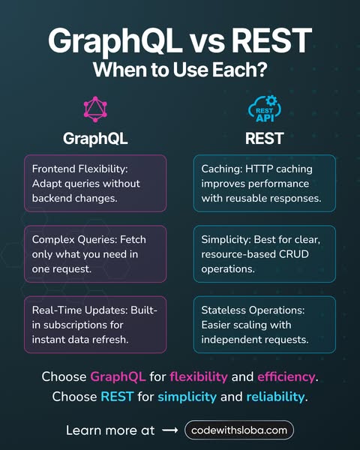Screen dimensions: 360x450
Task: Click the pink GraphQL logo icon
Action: (95, 109)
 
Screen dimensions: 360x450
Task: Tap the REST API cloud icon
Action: (265, 109)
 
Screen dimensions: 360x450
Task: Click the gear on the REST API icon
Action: (271, 101)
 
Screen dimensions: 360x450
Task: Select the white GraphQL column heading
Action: (95, 139)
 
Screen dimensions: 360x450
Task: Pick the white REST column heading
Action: (265, 138)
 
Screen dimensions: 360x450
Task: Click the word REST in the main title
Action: (271, 40)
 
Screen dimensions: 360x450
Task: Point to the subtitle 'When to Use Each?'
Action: (180, 70)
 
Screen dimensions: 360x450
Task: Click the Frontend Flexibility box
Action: (95, 184)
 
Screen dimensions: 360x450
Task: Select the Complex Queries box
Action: (95, 254)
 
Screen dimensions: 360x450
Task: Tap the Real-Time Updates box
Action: (95, 325)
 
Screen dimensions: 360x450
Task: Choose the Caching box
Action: (265, 184)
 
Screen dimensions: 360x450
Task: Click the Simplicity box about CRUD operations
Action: (265, 254)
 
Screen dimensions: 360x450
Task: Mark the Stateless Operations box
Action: (265, 325)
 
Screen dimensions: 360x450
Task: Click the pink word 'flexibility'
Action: (199, 376)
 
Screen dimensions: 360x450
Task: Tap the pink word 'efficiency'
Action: (286, 376)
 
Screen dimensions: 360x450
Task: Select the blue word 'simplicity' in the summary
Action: (187, 397)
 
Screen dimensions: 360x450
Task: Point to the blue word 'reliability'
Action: (275, 397)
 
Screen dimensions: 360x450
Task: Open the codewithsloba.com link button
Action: (239, 430)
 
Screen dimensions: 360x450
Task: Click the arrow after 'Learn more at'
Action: (170, 430)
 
